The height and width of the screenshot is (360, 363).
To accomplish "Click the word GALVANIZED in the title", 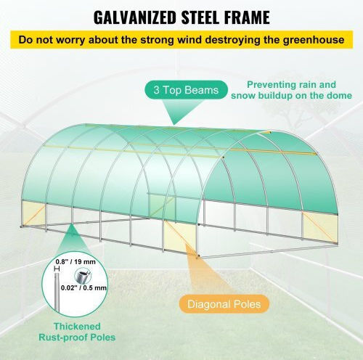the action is click(135, 17).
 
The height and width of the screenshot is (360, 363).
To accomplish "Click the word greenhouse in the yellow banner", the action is click(314, 40).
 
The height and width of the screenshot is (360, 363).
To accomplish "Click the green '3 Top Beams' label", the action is click(186, 90).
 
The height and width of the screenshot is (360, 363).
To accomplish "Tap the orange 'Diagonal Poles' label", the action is click(224, 304).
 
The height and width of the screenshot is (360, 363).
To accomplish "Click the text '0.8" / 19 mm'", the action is click(76, 262).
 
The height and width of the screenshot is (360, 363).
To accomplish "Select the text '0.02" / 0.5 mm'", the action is click(83, 288).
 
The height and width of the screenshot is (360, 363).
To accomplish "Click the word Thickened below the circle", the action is click(77, 327).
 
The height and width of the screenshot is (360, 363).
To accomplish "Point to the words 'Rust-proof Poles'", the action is click(77, 337).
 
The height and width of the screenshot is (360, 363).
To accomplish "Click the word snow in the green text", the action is click(243, 96).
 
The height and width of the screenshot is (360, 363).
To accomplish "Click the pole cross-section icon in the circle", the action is click(81, 277).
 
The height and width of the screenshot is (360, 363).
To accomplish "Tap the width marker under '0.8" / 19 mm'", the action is click(57, 269).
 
